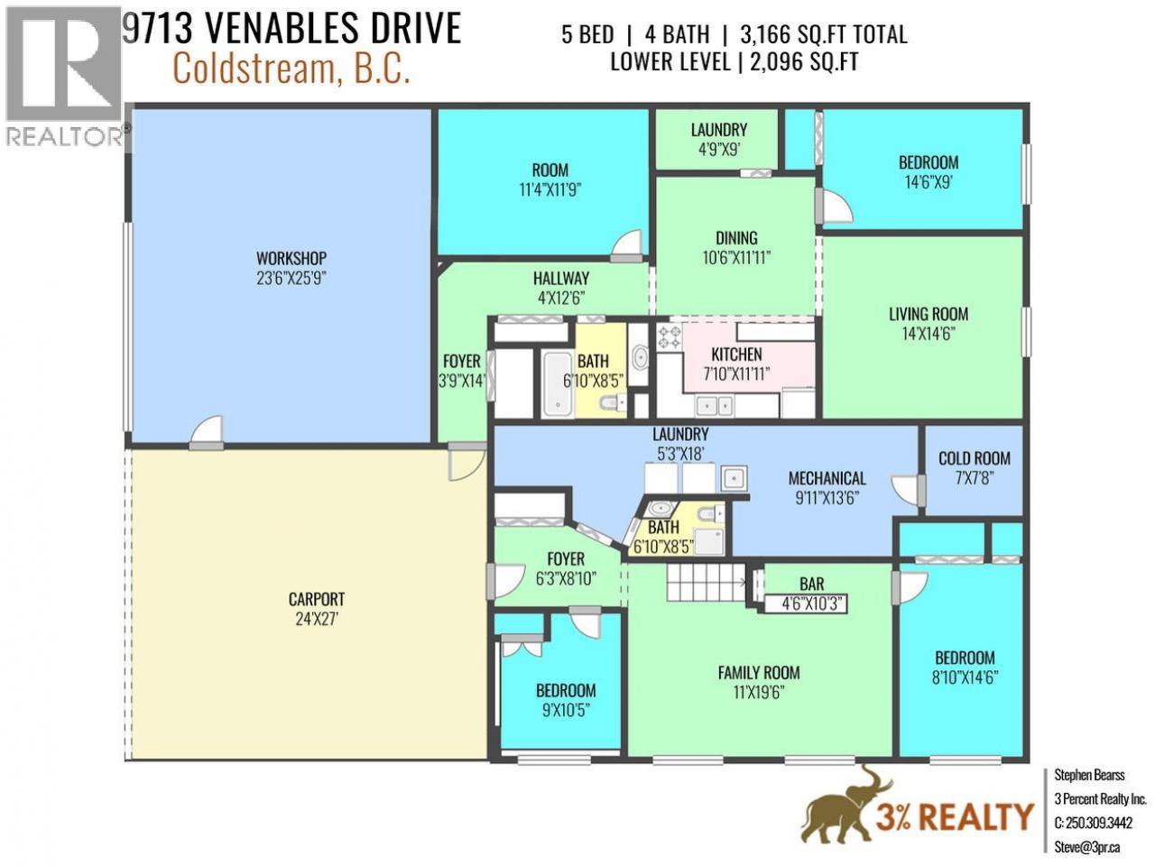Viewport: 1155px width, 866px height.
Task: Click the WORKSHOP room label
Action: (x=291, y=258)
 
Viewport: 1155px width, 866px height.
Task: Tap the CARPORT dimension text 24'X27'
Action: (x=316, y=620)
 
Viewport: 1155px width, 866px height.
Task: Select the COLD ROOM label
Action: (x=974, y=458)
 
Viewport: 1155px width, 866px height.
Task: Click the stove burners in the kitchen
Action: (x=670, y=337)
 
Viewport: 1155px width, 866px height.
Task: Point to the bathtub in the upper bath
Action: (x=559, y=384)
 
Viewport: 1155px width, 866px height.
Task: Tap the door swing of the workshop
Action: (x=207, y=431)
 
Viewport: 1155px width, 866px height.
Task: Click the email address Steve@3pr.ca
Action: (x=1086, y=847)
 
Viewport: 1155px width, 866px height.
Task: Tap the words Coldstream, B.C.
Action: (x=291, y=69)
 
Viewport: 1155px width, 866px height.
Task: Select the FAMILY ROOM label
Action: (x=758, y=673)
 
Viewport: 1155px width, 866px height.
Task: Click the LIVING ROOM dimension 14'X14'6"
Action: (x=929, y=334)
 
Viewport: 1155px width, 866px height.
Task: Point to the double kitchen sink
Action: (x=714, y=406)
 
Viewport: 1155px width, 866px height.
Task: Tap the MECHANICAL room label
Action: (x=827, y=478)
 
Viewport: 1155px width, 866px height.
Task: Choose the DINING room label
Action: (x=736, y=238)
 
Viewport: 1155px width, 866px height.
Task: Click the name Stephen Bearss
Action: (x=1089, y=775)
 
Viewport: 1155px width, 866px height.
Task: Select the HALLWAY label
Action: (x=561, y=278)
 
